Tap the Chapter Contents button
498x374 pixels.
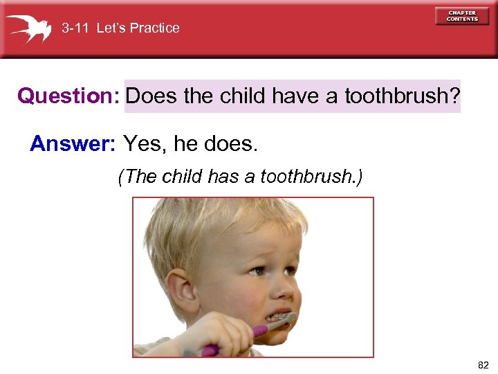coord(461,16)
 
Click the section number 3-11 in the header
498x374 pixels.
coord(75,28)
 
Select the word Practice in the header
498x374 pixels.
coord(154,28)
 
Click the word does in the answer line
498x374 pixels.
coord(232,143)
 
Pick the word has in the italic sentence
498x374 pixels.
coord(223,177)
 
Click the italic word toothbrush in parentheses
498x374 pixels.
coord(307,177)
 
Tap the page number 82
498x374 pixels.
coord(482,364)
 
